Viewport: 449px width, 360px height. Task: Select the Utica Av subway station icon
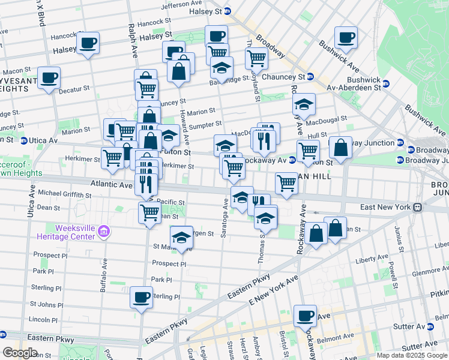point(24,140)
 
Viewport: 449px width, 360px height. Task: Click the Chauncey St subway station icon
point(310,77)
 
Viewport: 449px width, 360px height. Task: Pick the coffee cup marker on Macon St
point(49,78)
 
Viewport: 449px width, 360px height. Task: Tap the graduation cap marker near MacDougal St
point(304,104)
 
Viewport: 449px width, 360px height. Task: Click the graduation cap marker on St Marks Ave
point(181,238)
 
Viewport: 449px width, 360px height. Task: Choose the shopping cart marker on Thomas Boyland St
point(256,59)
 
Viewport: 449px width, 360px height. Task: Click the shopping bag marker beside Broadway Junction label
point(340,148)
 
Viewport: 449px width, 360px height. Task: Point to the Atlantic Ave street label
point(111,185)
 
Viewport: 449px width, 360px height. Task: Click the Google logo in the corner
point(20,352)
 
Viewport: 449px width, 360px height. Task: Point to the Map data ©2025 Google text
point(411,355)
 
